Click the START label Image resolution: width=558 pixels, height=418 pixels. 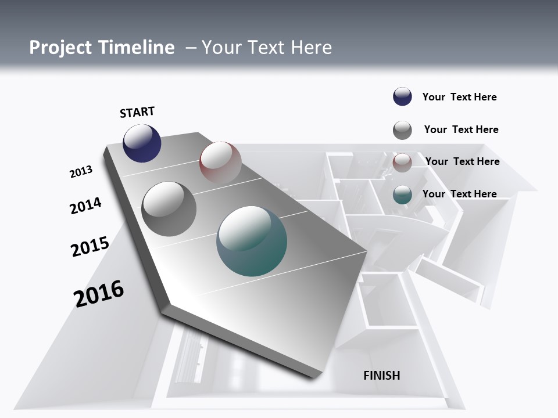137,112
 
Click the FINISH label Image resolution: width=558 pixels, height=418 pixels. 381,376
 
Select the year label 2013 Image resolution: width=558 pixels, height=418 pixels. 81,172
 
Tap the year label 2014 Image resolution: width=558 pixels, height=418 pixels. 86,206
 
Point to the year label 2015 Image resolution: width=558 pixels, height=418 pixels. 90,247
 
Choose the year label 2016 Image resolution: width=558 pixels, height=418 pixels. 99,294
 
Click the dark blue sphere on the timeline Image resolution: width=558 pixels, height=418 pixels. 142,143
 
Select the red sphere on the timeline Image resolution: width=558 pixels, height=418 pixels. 220,162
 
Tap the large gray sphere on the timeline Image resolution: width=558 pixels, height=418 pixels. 169,209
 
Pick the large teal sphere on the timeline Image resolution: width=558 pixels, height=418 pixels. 252,241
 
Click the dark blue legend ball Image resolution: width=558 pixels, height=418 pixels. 402,97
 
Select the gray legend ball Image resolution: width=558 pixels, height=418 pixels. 402,130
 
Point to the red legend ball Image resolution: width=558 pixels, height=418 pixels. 402,163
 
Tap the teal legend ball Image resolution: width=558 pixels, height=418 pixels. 402,195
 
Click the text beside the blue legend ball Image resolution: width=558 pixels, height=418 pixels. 459,97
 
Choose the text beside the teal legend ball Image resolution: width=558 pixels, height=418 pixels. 459,194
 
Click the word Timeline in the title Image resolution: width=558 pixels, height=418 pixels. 137,48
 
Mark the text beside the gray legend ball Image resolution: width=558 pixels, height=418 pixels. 461,129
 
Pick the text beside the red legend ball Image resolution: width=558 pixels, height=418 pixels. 462,161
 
